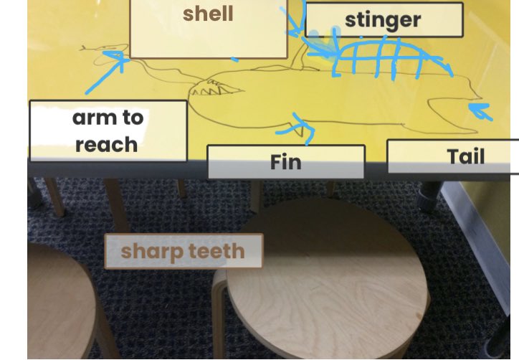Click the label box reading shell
208,29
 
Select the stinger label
384,20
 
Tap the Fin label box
285,162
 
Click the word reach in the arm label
106,144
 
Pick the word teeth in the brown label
214,252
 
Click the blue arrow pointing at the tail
482,110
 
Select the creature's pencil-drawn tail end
459,108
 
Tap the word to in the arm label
134,118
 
